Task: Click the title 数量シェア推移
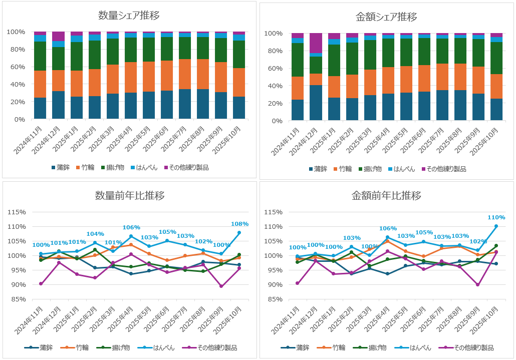click(129, 16)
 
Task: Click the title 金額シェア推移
click(386, 17)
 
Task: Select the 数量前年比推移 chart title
click(129, 196)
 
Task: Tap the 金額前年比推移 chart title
click(386, 196)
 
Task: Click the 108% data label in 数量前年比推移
click(239, 224)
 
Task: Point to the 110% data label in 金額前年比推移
click(496, 217)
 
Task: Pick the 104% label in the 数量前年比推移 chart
click(95, 234)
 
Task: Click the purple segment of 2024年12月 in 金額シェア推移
click(316, 43)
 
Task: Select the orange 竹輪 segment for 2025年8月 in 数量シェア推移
click(203, 74)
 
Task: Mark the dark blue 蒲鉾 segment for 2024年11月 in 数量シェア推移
click(40, 108)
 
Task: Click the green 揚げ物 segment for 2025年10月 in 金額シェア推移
click(496, 58)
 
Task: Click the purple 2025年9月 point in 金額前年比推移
click(478, 284)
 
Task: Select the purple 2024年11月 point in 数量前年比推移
click(41, 283)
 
